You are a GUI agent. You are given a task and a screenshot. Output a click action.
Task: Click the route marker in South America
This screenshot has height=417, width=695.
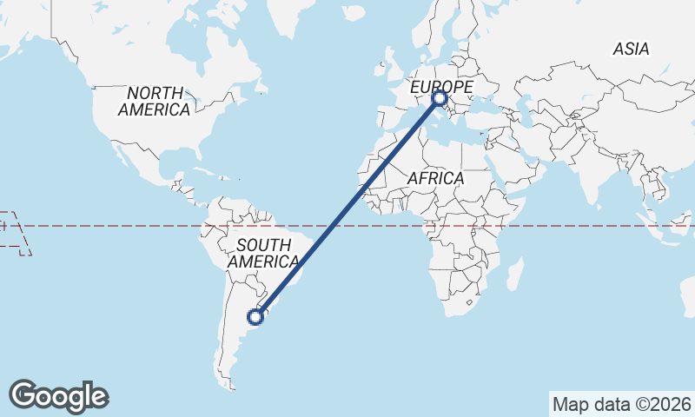point(255,316)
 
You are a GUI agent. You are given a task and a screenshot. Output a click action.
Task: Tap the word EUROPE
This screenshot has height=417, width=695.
point(441,87)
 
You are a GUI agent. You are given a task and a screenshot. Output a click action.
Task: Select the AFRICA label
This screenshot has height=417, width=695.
point(436,178)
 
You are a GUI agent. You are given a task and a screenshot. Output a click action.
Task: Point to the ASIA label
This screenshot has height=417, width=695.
point(631,50)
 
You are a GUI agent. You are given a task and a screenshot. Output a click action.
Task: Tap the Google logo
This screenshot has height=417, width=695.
point(58,396)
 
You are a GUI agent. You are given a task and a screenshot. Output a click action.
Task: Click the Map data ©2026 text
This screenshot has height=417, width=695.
point(621,404)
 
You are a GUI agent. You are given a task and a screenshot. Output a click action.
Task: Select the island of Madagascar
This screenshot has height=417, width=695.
point(514,275)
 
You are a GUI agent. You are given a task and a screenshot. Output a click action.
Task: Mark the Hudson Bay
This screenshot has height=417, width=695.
point(204,39)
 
